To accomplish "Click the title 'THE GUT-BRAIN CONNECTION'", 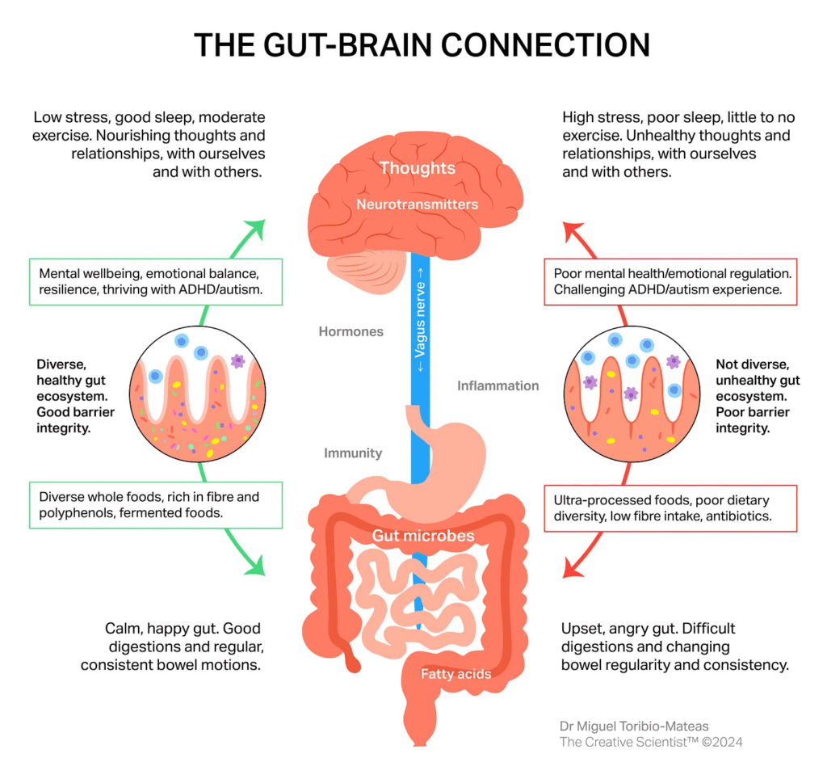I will click(x=422, y=45).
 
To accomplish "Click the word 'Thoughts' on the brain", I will click(x=418, y=168).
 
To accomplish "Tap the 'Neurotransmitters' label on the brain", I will click(x=418, y=204).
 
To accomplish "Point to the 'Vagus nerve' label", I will click(x=420, y=323).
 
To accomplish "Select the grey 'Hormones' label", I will click(x=351, y=331).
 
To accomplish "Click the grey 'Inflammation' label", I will click(x=497, y=385).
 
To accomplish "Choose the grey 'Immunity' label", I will click(x=353, y=453).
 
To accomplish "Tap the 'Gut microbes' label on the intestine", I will click(x=423, y=535).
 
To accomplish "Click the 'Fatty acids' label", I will click(x=455, y=673).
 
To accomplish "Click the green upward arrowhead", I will click(x=257, y=229).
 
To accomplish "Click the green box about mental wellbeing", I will click(x=155, y=281).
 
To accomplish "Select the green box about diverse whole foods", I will click(x=155, y=505).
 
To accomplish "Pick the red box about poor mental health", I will click(x=670, y=281).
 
